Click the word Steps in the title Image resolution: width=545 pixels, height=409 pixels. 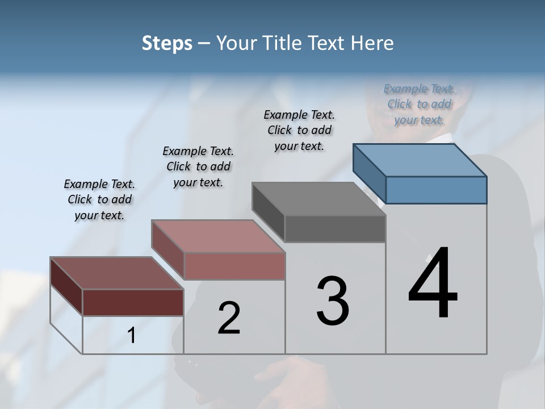(x=167, y=43)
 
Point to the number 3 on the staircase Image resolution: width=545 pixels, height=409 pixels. (x=332, y=301)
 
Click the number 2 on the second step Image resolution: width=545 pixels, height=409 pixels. (x=229, y=318)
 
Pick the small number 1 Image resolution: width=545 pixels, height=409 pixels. (x=132, y=336)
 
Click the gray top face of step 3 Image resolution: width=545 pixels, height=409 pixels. (x=319, y=198)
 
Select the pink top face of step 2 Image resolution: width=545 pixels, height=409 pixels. (x=218, y=236)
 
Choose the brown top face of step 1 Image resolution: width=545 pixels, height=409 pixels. (x=117, y=273)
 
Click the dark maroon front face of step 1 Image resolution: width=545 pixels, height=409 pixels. (x=133, y=302)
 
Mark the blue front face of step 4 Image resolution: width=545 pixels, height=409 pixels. (x=436, y=190)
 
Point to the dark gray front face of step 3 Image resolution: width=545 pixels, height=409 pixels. (x=335, y=228)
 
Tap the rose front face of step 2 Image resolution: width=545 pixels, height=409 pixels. (x=234, y=266)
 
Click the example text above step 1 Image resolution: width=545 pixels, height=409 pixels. (x=99, y=199)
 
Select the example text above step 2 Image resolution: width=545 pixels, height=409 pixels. (x=198, y=166)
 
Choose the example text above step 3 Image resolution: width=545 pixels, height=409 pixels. (x=299, y=130)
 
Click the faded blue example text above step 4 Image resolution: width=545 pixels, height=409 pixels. (x=419, y=104)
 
